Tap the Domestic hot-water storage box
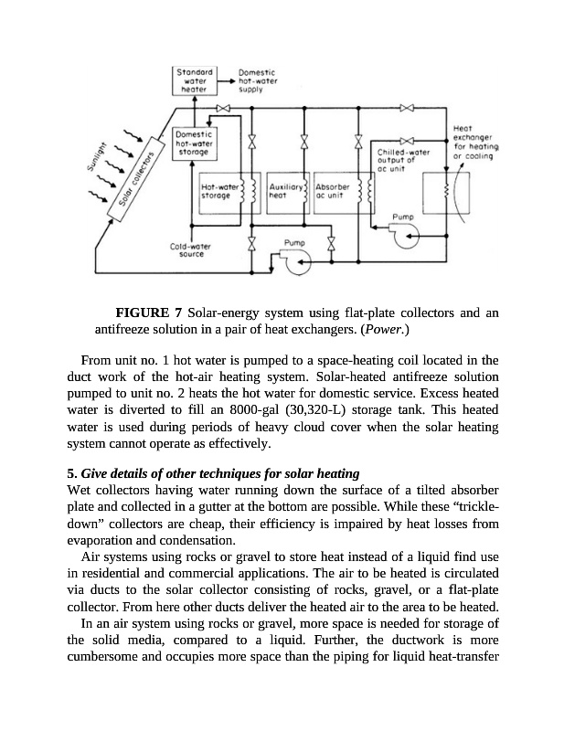pyautogui.click(x=194, y=143)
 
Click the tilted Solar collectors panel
pyautogui.click(x=135, y=188)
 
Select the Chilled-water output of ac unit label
pyautogui.click(x=402, y=160)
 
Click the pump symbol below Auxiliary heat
pyautogui.click(x=295, y=261)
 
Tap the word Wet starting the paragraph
pyautogui.click(x=80, y=490)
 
